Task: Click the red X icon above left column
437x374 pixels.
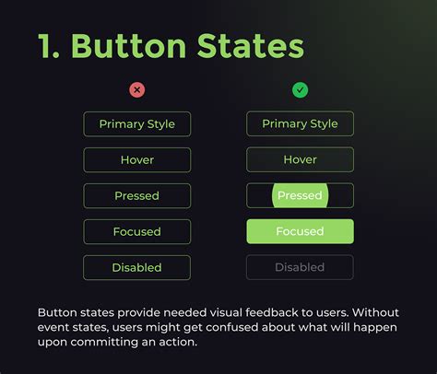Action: tap(137, 90)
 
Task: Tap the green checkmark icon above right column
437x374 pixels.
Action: tap(300, 90)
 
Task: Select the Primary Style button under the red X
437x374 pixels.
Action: tap(137, 124)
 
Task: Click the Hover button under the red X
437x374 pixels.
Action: tap(137, 160)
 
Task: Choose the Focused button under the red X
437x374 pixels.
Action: tap(137, 232)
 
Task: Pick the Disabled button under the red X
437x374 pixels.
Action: tap(137, 268)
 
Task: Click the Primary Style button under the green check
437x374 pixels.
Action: tap(300, 124)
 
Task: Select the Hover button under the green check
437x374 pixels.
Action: tap(300, 160)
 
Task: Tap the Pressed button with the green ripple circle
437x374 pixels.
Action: tap(300, 196)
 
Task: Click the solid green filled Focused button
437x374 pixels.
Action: tap(300, 232)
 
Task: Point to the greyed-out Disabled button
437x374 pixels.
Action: tap(300, 268)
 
